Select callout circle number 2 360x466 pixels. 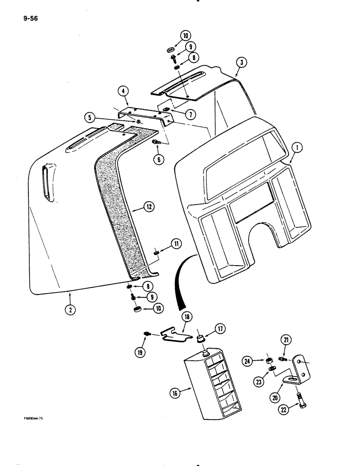(69, 309)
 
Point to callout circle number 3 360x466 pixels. (240, 62)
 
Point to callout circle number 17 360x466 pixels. (220, 329)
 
